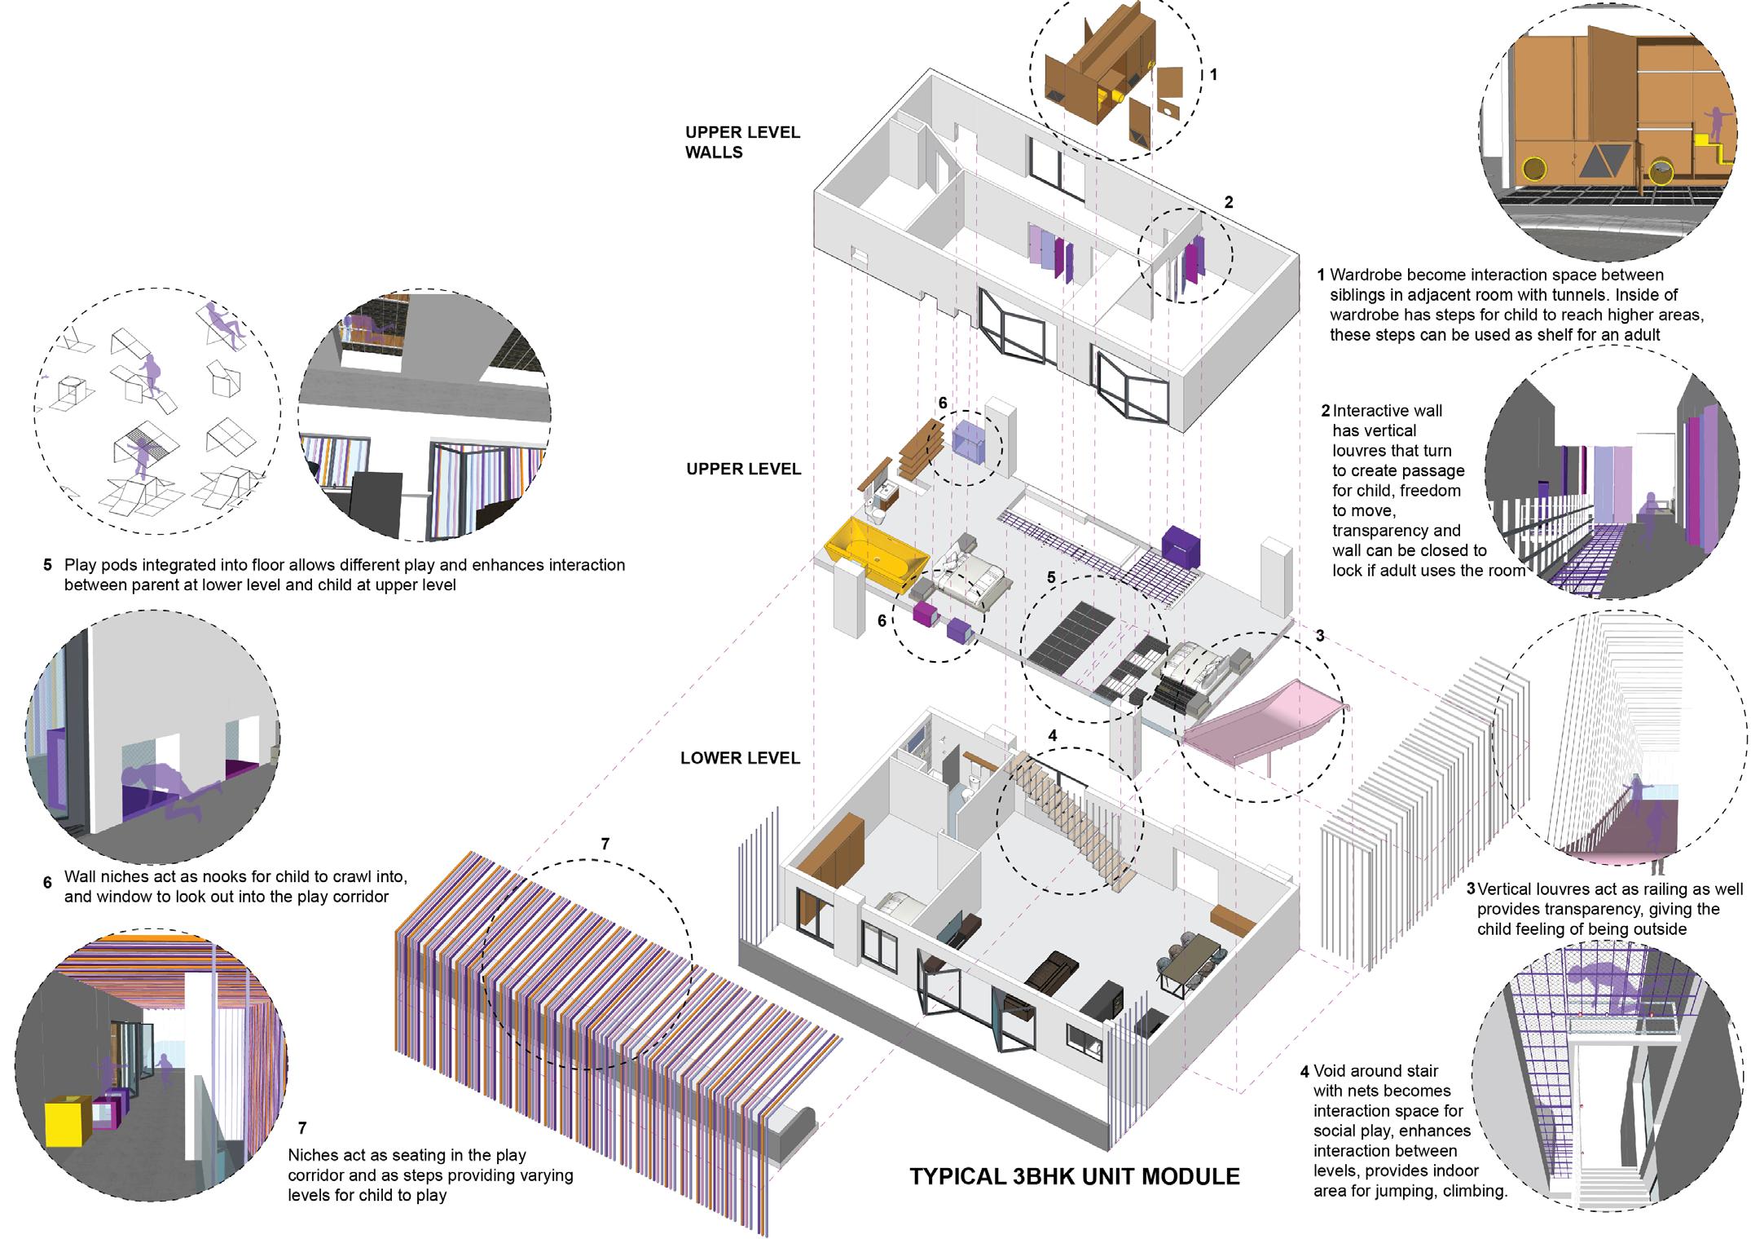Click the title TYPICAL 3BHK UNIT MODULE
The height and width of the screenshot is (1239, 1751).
tap(1074, 1176)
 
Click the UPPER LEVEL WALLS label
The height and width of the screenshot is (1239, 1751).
tap(741, 142)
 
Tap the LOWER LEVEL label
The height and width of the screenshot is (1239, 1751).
tap(740, 758)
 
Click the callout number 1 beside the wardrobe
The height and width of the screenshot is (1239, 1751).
tap(1213, 75)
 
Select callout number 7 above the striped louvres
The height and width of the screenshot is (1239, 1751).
tap(605, 844)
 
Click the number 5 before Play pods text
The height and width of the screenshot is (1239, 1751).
tap(47, 565)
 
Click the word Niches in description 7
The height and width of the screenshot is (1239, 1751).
tap(313, 1155)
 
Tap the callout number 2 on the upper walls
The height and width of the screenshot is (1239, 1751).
tap(1229, 202)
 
